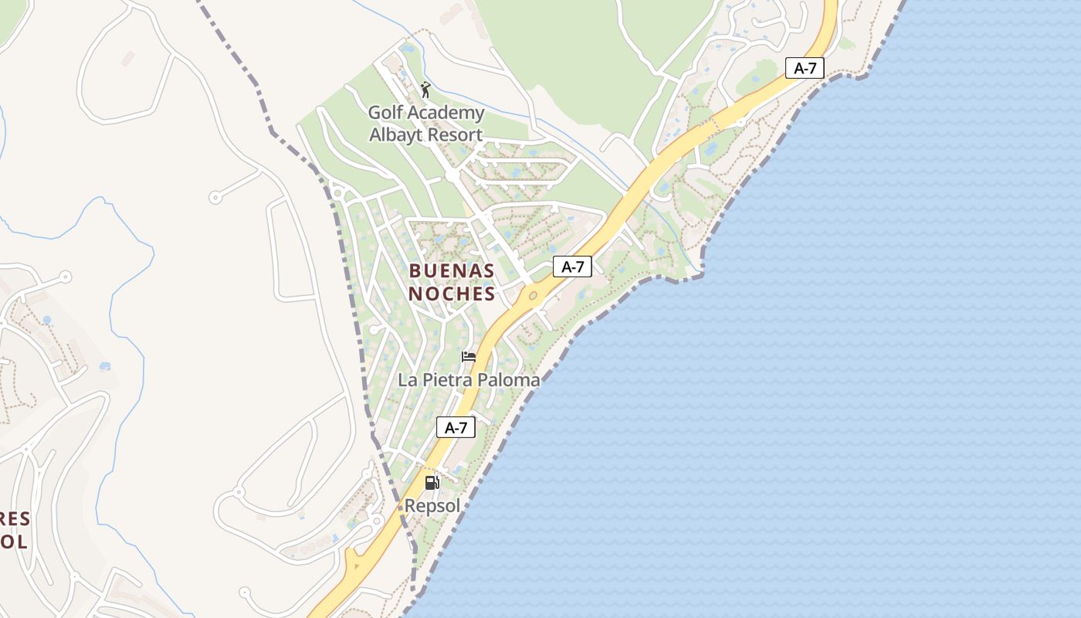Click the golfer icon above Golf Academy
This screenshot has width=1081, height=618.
point(425,90)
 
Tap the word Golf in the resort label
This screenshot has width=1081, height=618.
point(385,113)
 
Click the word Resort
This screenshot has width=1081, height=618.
point(455,134)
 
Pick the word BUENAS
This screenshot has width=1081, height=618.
point(452,270)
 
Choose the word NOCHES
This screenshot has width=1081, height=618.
point(452,294)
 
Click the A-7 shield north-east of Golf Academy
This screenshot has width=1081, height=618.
point(805,68)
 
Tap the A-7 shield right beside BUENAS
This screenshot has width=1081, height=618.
point(572,267)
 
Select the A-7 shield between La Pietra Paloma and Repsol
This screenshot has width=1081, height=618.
point(456,427)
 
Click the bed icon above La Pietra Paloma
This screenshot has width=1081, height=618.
point(469,357)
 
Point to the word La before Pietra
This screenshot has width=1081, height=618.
point(407,379)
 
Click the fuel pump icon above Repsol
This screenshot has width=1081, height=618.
point(432,483)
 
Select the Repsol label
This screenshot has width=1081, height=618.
point(432,506)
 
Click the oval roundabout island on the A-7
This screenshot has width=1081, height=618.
point(533,295)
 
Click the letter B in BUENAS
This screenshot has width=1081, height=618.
point(415,270)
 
